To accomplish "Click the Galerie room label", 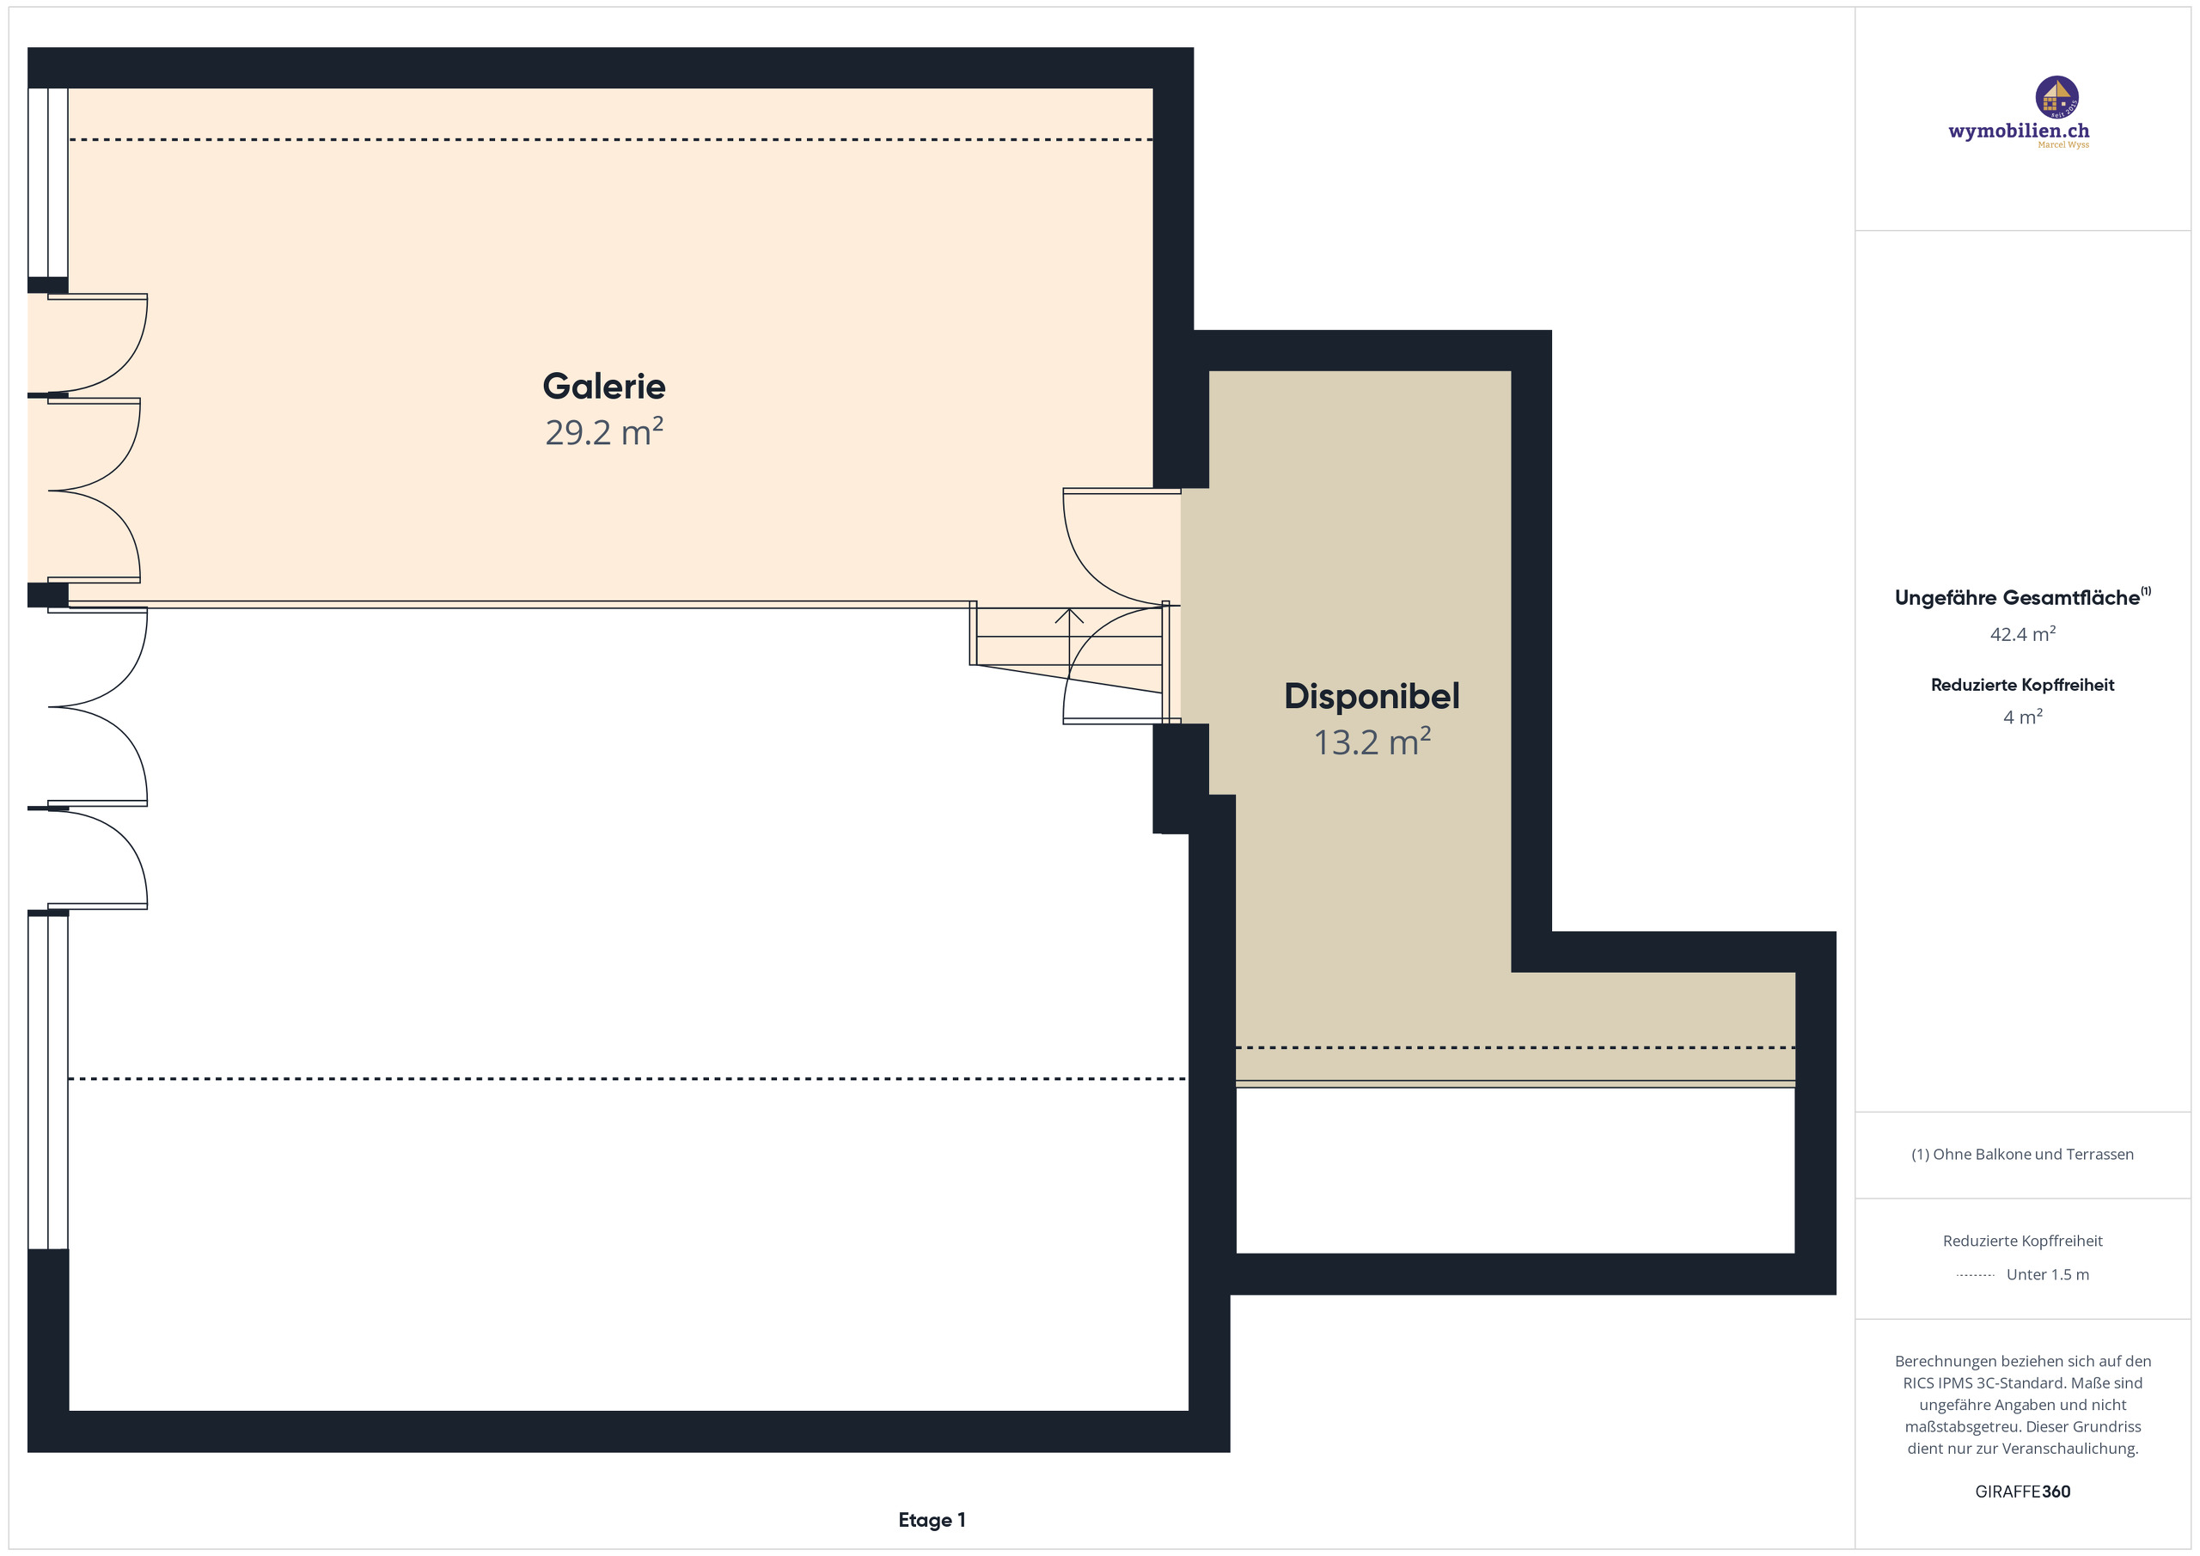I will [603, 386].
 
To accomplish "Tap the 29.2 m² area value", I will [603, 432].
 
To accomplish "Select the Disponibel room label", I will [1372, 697].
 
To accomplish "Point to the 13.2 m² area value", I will [1372, 742].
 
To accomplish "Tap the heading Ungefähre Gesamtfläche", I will [2017, 598].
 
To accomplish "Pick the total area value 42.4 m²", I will [2023, 634].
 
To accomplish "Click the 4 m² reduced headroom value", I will [2023, 717].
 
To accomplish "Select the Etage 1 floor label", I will [932, 1520].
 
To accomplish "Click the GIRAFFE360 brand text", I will [2023, 1492].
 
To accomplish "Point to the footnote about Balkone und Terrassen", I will [2023, 1155].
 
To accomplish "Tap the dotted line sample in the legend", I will [1975, 1275].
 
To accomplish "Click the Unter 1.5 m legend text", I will [2048, 1274].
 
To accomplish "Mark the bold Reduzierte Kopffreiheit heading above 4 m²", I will [2023, 685].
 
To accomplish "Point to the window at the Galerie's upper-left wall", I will [48, 182].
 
